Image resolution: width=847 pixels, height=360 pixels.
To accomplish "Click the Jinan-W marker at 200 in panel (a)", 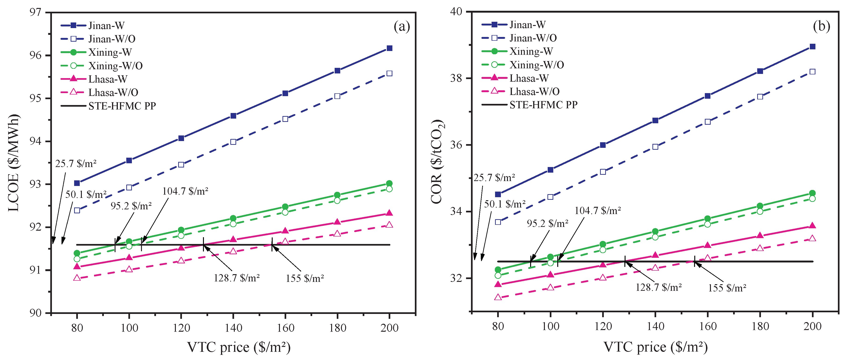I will [x=389, y=48].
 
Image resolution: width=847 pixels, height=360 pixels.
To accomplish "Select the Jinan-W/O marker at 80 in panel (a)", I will [x=77, y=211].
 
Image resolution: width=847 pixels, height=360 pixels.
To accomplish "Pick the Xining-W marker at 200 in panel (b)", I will [x=812, y=193].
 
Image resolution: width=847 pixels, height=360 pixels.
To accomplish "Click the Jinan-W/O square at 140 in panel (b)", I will [x=655, y=147].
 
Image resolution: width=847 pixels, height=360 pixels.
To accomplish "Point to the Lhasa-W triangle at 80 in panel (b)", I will [x=498, y=284].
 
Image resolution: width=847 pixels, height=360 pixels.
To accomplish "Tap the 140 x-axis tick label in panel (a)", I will [x=233, y=328].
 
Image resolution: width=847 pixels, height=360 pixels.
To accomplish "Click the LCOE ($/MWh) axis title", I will [x=14, y=163].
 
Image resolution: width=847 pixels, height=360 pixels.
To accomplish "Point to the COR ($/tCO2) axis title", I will [x=437, y=161].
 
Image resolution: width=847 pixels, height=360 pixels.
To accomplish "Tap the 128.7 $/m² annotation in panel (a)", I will [x=237, y=278].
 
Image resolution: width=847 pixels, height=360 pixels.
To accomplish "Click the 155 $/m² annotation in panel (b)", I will [x=727, y=288].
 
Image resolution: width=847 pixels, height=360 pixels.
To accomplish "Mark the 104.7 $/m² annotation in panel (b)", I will [x=597, y=211].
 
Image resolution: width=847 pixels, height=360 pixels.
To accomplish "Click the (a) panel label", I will [x=402, y=26].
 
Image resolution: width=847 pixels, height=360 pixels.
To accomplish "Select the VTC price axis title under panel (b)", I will [x=655, y=347].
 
